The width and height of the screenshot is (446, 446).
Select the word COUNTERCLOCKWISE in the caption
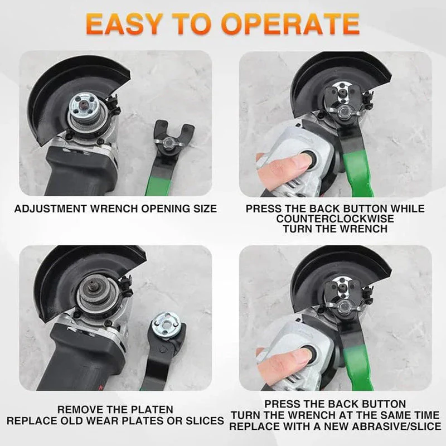coord(335,219)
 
